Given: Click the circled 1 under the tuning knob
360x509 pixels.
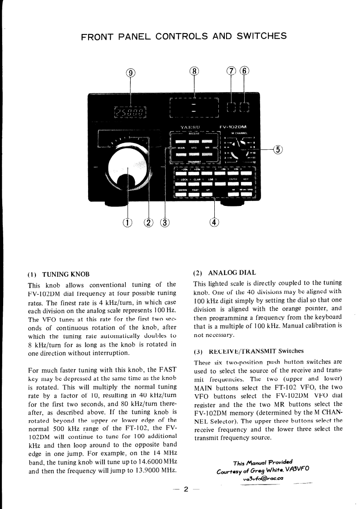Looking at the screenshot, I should click(x=128, y=222).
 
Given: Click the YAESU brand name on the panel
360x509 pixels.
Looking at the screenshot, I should click(x=189, y=127).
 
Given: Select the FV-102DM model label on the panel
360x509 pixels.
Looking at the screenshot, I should click(x=236, y=127).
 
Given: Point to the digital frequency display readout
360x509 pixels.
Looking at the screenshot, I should click(x=131, y=111).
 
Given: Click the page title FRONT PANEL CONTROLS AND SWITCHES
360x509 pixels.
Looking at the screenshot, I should click(x=183, y=37).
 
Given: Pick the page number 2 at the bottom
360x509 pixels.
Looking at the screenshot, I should click(x=186, y=489).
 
